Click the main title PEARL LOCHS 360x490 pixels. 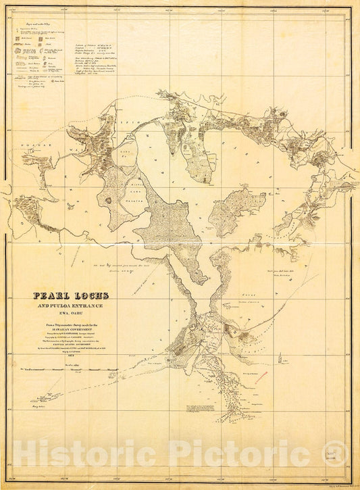coord(72,296)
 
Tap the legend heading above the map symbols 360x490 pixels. coord(41,26)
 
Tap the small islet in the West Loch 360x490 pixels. coord(107,200)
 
